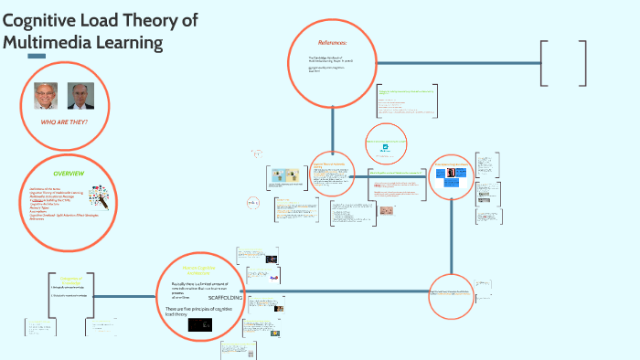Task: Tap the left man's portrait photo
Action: coord(43,95)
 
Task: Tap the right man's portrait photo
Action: coord(80,95)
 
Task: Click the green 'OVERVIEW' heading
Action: coord(69,173)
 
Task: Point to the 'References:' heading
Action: coord(333,43)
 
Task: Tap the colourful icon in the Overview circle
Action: coord(100,198)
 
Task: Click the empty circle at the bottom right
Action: coord(453,297)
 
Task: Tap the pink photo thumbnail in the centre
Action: coord(387,209)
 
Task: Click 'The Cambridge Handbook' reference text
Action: coord(327,59)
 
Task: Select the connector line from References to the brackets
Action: coord(457,63)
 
